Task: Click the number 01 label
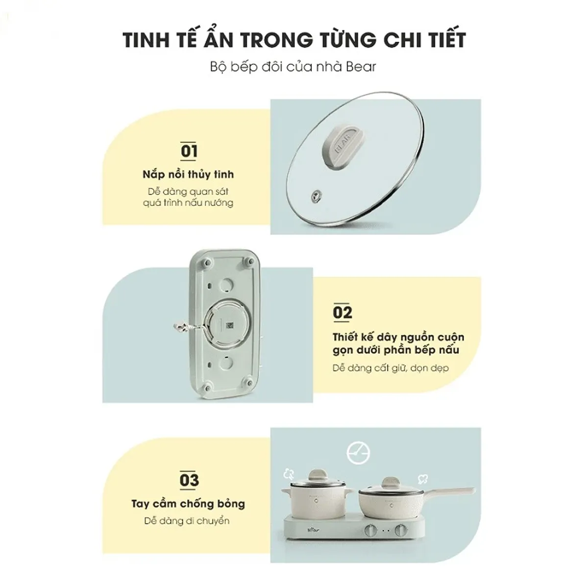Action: pyautogui.click(x=189, y=151)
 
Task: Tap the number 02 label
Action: pyautogui.click(x=343, y=312)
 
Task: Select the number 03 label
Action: pyautogui.click(x=189, y=480)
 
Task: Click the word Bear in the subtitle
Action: pyautogui.click(x=361, y=67)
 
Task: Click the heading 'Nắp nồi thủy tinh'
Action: pyautogui.click(x=188, y=174)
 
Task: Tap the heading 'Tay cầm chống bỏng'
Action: pyautogui.click(x=188, y=504)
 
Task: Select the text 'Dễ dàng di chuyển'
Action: pyautogui.click(x=187, y=521)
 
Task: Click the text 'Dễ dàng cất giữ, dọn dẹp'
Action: pyautogui.click(x=391, y=368)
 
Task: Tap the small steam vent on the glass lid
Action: pyautogui.click(x=316, y=196)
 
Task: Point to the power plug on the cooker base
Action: pyautogui.click(x=180, y=327)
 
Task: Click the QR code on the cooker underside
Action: pyautogui.click(x=229, y=325)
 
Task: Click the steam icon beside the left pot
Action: pyautogui.click(x=289, y=474)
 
